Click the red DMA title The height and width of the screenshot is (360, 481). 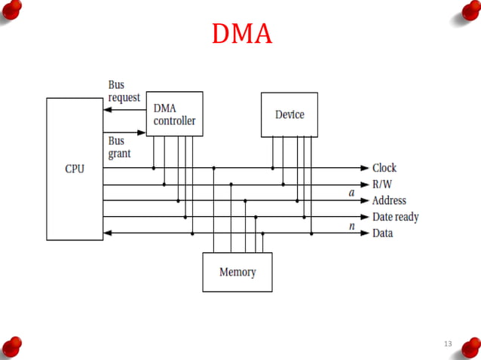click(x=241, y=34)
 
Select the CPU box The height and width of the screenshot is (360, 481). click(x=75, y=169)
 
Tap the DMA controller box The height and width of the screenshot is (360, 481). click(x=174, y=114)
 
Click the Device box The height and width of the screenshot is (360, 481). click(x=290, y=114)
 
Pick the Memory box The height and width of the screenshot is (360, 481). click(x=237, y=272)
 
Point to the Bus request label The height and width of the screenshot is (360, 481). click(x=124, y=91)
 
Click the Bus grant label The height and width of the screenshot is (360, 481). click(x=119, y=147)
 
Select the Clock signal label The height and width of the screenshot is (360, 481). click(x=384, y=168)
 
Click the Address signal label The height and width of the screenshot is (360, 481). click(x=389, y=201)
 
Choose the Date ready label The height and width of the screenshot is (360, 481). click(x=395, y=217)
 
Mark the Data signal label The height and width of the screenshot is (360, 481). click(x=382, y=233)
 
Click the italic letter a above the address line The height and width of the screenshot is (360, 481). click(x=351, y=193)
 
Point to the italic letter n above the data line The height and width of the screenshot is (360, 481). click(x=351, y=225)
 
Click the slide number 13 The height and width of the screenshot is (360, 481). click(x=448, y=344)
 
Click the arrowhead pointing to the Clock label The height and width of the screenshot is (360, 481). click(x=365, y=168)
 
